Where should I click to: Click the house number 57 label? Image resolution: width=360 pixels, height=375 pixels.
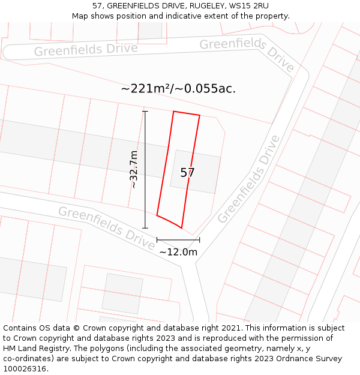click(187, 173)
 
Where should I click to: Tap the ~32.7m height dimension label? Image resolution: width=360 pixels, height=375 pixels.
click(134, 170)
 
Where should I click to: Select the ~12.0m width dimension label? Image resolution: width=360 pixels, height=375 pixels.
click(178, 252)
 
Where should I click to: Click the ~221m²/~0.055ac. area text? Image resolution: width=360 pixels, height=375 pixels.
click(178, 89)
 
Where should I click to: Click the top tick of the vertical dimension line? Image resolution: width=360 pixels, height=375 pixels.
click(145, 111)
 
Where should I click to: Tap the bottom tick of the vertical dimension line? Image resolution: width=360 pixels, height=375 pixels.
click(145, 228)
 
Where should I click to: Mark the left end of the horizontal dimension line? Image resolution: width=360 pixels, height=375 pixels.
click(157, 240)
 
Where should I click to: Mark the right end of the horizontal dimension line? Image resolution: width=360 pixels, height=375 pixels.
click(200, 240)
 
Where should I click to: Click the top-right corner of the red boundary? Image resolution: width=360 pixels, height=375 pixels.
click(200, 116)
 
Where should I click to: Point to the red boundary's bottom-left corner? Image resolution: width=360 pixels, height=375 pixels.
click(157, 215)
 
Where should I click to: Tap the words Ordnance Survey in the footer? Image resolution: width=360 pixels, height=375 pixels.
click(310, 359)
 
